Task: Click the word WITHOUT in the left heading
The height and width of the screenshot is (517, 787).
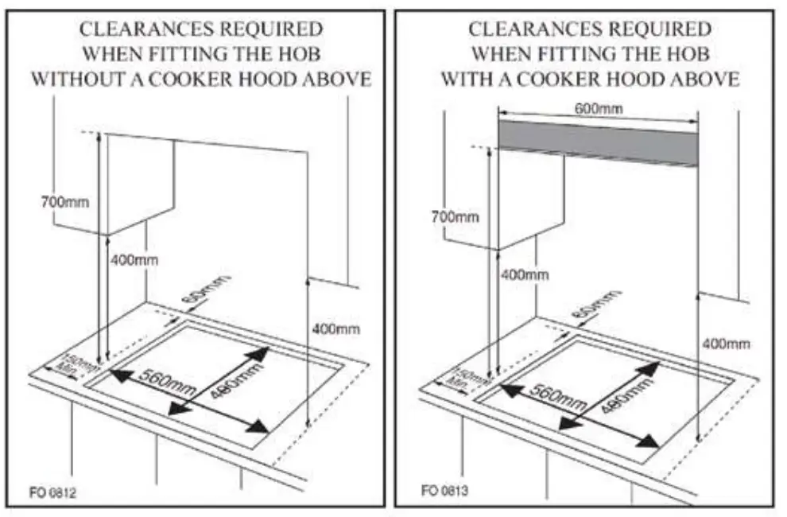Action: click(76, 80)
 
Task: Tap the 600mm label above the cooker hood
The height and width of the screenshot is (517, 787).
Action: click(598, 109)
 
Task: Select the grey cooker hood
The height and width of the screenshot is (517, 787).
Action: click(598, 143)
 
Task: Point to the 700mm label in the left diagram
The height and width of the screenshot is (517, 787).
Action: click(64, 202)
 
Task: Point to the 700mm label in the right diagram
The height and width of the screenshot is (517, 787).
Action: click(455, 216)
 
